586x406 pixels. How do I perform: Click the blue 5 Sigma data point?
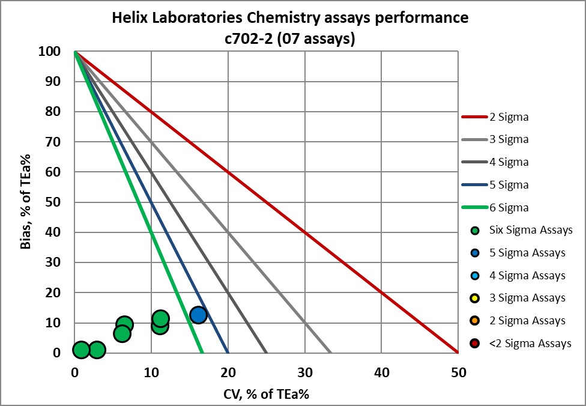(198, 315)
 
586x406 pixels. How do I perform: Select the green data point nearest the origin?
(81, 350)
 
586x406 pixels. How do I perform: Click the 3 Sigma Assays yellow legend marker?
(475, 298)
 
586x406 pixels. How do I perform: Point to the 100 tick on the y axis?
(50, 52)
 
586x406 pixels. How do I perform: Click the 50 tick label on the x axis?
(458, 372)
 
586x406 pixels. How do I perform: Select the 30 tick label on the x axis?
(304, 372)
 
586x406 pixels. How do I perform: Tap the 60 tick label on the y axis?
(54, 172)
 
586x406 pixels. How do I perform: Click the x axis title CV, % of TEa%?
(265, 394)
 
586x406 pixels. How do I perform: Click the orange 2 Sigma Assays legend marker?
(475, 321)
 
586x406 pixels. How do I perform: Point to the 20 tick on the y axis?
(54, 292)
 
